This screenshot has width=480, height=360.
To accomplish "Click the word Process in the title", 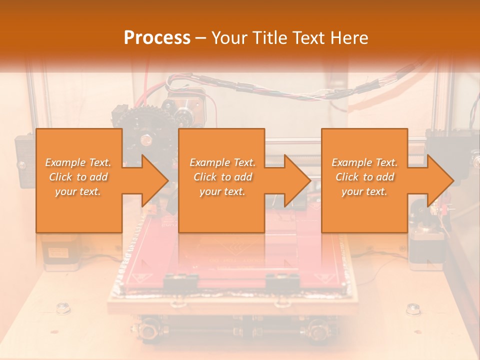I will click(x=157, y=37).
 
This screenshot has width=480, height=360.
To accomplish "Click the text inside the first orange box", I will click(x=78, y=177).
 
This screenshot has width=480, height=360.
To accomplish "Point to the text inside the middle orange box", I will click(x=222, y=177).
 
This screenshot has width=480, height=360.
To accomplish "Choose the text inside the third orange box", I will click(x=364, y=177).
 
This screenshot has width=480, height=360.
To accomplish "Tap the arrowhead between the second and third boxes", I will click(x=297, y=180).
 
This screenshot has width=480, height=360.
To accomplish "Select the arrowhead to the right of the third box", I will click(x=439, y=180).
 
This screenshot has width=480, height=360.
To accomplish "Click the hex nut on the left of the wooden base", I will click(x=63, y=308).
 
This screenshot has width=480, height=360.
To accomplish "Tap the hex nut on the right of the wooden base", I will click(x=413, y=308).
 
